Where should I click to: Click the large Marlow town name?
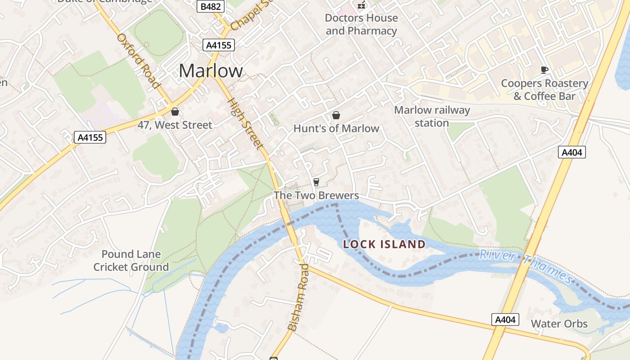pyautogui.click(x=211, y=71)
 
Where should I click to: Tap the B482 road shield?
pyautogui.click(x=210, y=6)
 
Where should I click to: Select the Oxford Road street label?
pyautogui.click(x=139, y=60)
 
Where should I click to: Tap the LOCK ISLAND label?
pyautogui.click(x=384, y=245)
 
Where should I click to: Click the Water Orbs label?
pyautogui.click(x=559, y=324)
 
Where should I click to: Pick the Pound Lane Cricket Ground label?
pyautogui.click(x=131, y=261)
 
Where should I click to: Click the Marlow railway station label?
pyautogui.click(x=432, y=117)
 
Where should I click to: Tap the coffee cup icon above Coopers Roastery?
pyautogui.click(x=544, y=70)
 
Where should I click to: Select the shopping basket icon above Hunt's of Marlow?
pyautogui.click(x=336, y=115)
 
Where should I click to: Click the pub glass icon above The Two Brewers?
pyautogui.click(x=316, y=182)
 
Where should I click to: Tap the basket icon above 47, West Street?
pyautogui.click(x=175, y=111)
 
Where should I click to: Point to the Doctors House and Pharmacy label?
pyautogui.click(x=361, y=24)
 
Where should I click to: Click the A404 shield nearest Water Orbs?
pyautogui.click(x=505, y=319)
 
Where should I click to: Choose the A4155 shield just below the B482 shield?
pyautogui.click(x=219, y=45)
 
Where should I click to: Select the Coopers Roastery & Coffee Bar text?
pyautogui.click(x=544, y=90)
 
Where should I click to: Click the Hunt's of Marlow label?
pyautogui.click(x=336, y=129)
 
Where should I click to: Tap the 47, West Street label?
pyautogui.click(x=175, y=125)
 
